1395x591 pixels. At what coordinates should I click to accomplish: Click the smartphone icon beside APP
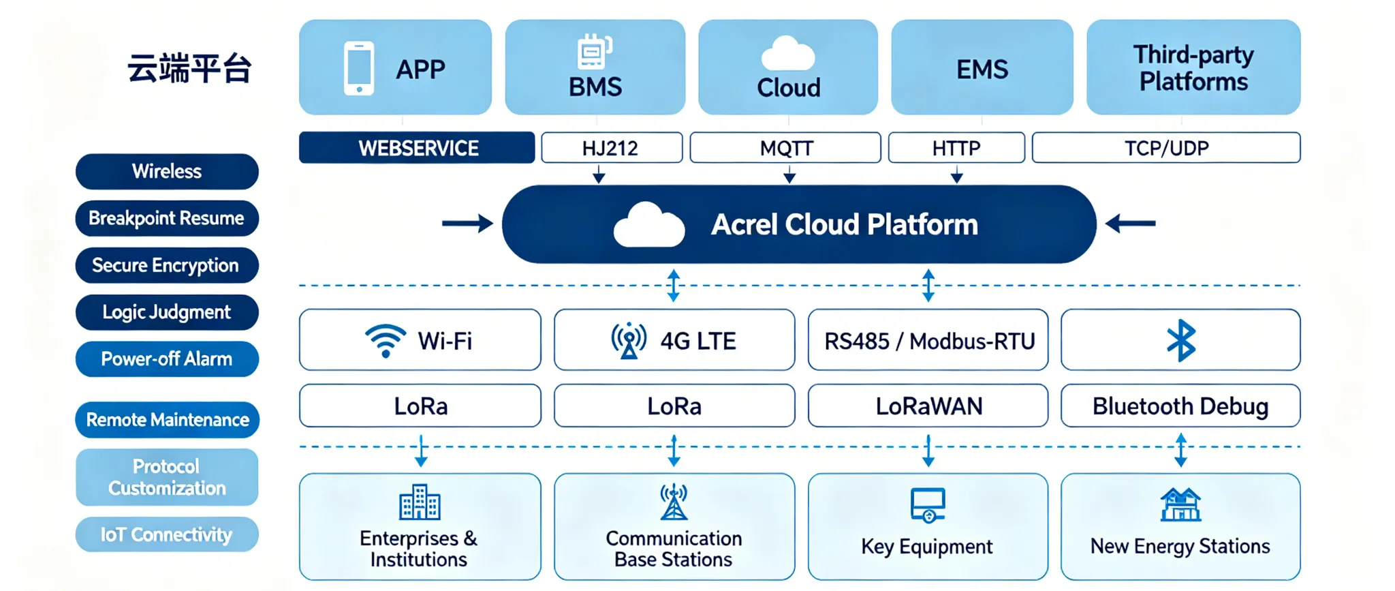tap(359, 68)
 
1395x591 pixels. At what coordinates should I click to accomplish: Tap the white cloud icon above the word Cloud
tap(788, 53)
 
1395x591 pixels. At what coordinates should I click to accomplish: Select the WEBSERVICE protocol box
tap(417, 148)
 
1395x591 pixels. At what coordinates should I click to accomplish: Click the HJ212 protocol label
tap(610, 148)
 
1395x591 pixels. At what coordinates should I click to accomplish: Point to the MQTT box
tap(785, 148)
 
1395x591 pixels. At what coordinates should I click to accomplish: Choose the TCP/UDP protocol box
tap(1166, 148)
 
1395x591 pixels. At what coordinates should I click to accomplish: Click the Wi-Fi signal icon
tap(386, 340)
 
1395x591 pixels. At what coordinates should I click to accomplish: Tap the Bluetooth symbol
tap(1181, 340)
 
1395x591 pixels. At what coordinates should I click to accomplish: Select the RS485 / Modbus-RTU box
tap(928, 340)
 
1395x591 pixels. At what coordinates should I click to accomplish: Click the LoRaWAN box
tap(928, 406)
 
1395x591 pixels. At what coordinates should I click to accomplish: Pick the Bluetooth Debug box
tap(1180, 406)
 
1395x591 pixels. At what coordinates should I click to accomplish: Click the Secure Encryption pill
tap(167, 265)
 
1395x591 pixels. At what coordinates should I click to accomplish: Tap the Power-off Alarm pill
tap(167, 359)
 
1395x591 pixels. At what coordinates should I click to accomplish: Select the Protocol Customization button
tap(167, 477)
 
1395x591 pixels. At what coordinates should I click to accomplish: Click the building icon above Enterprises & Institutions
tap(420, 502)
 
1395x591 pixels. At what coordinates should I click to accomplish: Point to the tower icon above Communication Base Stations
tap(674, 502)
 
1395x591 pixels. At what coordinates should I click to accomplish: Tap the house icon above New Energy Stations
tap(1180, 504)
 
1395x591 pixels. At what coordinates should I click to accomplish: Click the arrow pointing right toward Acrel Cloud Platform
tap(467, 224)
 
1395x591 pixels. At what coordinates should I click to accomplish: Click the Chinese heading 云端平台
tap(189, 68)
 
